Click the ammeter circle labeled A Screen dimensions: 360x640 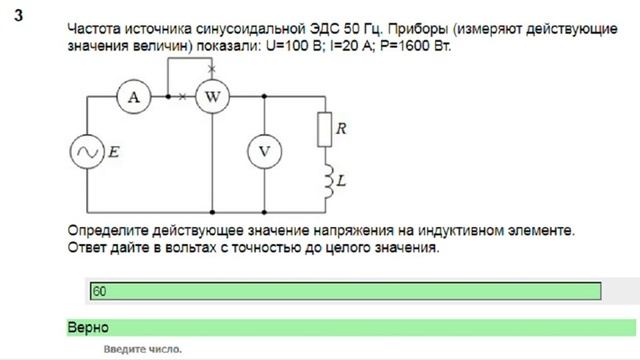(133, 97)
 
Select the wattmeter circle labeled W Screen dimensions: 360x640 (211, 97)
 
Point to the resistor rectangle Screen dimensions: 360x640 (323, 128)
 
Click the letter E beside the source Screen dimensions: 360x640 (113, 152)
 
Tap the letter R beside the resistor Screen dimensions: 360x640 (342, 128)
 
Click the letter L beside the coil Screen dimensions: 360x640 (341, 181)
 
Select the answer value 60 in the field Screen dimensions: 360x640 (99, 291)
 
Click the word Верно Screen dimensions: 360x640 (88, 327)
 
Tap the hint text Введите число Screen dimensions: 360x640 (142, 350)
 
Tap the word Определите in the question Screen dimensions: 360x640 (109, 229)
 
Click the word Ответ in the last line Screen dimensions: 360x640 (90, 246)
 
